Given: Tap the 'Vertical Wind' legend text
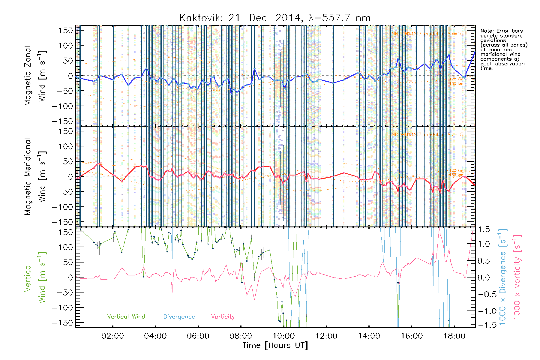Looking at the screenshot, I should click(x=126, y=316).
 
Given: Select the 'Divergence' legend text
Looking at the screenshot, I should click(x=179, y=316).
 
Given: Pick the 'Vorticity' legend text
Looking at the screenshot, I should click(x=223, y=316).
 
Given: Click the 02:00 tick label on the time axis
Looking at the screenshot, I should click(x=112, y=336).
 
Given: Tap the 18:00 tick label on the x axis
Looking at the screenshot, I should click(x=454, y=336).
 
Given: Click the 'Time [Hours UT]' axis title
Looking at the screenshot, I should click(x=275, y=345).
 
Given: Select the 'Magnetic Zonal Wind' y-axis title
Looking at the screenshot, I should click(x=35, y=76).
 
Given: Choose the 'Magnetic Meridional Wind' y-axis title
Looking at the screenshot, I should click(x=35, y=176).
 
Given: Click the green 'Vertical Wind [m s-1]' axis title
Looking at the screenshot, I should click(x=35, y=277).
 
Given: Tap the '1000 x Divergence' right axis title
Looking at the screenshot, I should click(x=503, y=277).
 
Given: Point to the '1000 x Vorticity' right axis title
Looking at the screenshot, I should click(x=517, y=277).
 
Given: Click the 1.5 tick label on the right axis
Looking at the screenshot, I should click(x=484, y=229).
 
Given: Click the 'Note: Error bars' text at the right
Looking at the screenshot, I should click(x=501, y=31).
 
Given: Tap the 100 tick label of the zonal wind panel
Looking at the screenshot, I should click(x=66, y=46).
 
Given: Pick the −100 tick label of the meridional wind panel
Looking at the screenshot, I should click(x=63, y=207).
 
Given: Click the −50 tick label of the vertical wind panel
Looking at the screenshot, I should click(x=64, y=292).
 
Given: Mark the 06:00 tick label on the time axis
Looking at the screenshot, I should click(x=198, y=336).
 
